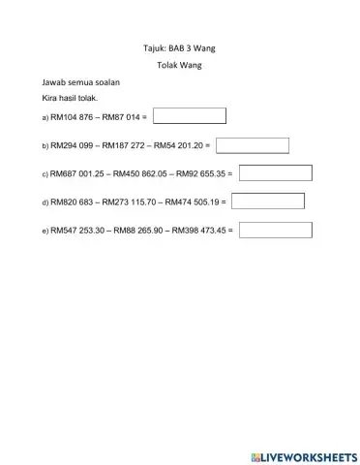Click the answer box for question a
[190, 116]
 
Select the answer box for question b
[253, 145]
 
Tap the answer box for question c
[275, 173]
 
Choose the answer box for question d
[268, 201]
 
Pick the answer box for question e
[275, 231]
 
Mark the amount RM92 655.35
[200, 174]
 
